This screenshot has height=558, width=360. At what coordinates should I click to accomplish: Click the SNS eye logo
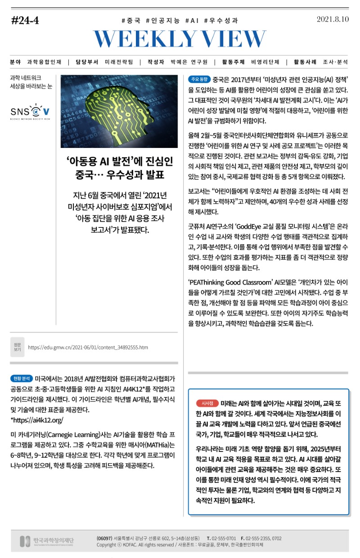coord(30,111)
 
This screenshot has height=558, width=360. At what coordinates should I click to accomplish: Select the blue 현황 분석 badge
coord(21,378)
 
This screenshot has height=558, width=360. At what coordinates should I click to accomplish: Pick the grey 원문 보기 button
coord(17,347)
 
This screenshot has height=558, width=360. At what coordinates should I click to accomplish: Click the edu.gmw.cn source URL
coord(88,348)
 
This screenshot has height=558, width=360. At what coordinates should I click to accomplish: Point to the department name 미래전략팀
coord(119,62)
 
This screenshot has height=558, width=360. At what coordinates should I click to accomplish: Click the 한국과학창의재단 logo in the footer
coord(47,541)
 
